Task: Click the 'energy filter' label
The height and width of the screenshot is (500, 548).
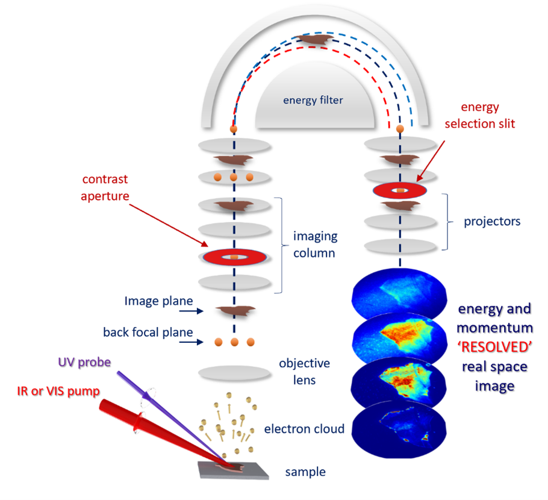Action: [x=313, y=100]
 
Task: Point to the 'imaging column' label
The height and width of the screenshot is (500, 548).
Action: [x=316, y=244]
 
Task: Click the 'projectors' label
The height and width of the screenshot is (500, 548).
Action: [x=492, y=221]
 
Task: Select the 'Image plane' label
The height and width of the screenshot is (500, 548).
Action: [x=159, y=301]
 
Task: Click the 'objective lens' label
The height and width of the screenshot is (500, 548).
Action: [x=304, y=372]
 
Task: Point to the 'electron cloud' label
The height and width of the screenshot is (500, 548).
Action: [x=304, y=429]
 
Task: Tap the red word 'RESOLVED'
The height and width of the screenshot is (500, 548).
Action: [x=494, y=346]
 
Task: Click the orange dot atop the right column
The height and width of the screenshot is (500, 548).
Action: [x=399, y=129]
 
